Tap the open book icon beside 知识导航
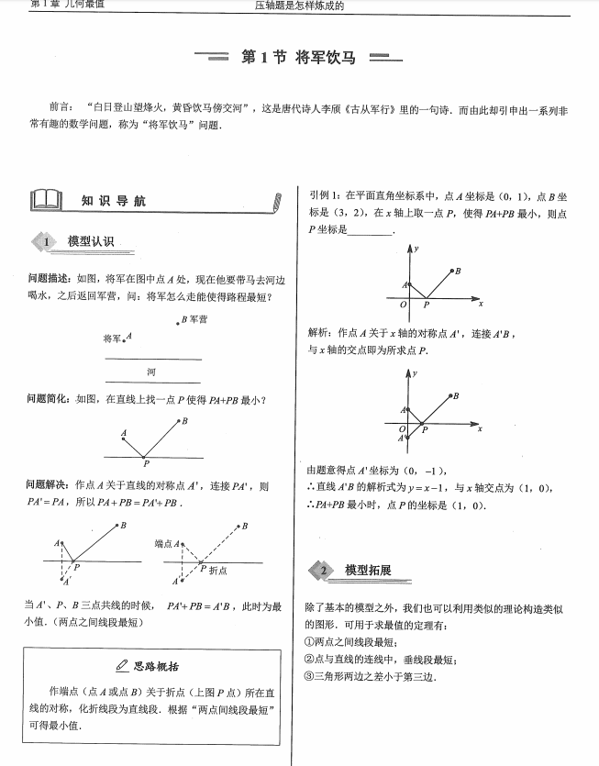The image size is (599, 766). pyautogui.click(x=46, y=200)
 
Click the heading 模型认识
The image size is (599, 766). pyautogui.click(x=90, y=241)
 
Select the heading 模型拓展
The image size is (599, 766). pyautogui.click(x=368, y=571)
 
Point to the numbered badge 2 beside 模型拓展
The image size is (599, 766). pyautogui.click(x=322, y=572)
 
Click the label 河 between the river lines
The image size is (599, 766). pyautogui.click(x=151, y=371)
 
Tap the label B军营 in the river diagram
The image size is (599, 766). pyautogui.click(x=194, y=319)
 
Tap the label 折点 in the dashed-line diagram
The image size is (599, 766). pyautogui.click(x=218, y=571)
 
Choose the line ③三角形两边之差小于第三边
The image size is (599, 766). pyautogui.click(x=370, y=676)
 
